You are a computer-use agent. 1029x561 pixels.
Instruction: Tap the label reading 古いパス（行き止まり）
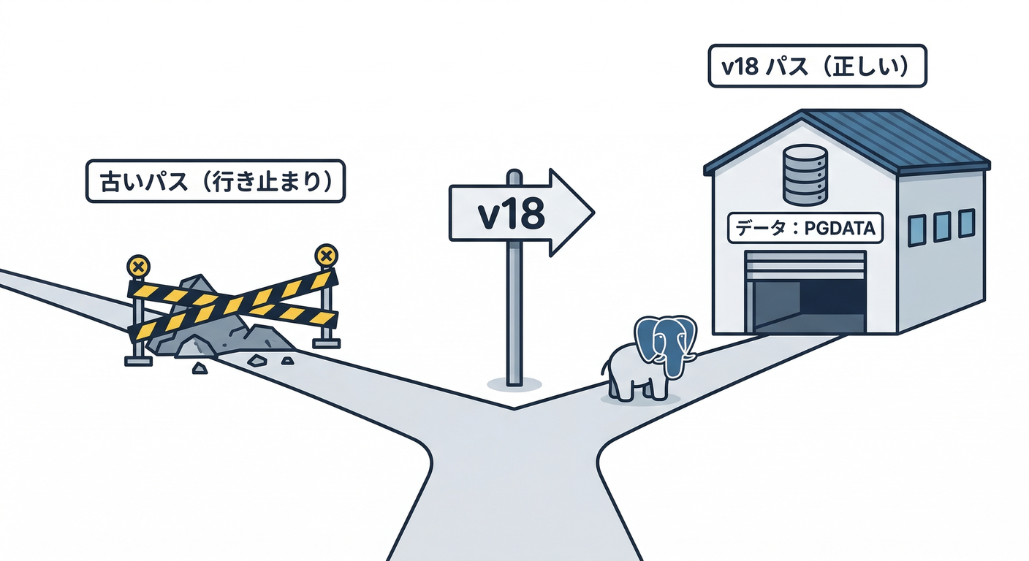point(215,180)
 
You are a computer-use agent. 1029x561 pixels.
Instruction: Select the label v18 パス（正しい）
point(817,66)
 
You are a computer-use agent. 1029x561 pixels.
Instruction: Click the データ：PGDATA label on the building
point(805,229)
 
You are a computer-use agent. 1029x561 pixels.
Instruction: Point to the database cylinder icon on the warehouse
point(805,175)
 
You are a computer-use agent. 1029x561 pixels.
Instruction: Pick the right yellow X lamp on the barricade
point(326,256)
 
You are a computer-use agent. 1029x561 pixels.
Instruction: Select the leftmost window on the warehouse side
point(916,230)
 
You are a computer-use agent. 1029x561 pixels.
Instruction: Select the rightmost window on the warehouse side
point(966,222)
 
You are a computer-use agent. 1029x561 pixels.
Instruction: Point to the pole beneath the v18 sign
point(514,314)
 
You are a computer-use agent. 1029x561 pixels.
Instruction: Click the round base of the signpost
point(514,382)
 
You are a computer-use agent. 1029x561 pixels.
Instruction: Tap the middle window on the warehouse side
point(942,226)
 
